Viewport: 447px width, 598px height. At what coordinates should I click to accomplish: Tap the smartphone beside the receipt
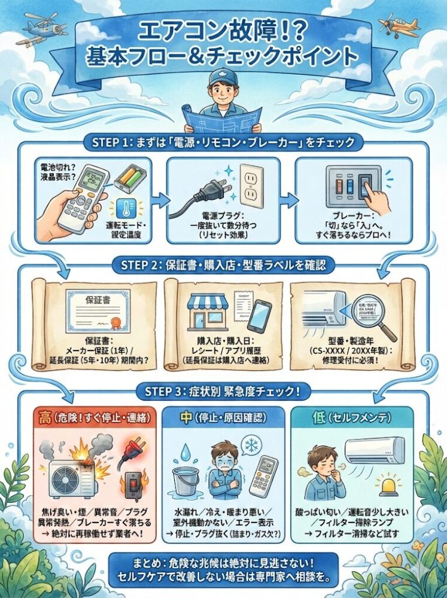coord(259,316)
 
